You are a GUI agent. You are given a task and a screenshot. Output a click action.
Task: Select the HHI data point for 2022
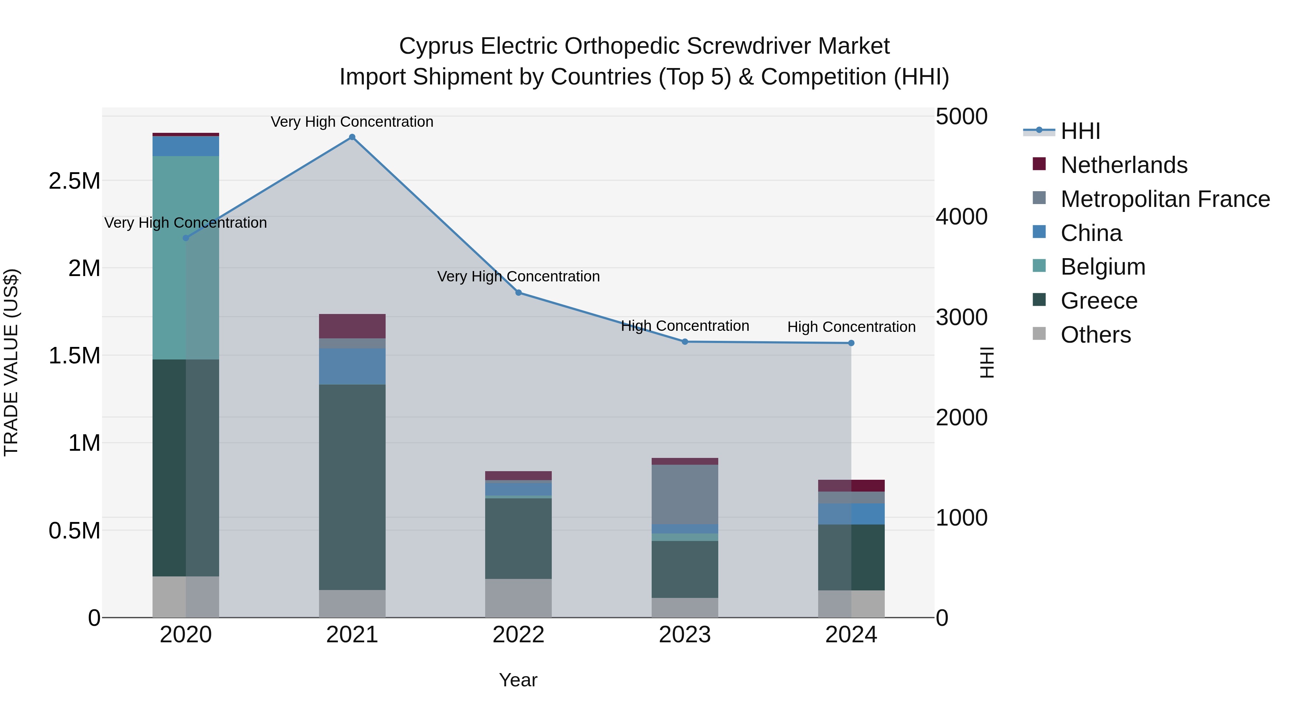pyautogui.click(x=518, y=293)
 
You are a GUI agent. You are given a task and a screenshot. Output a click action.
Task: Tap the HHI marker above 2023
pyautogui.click(x=685, y=342)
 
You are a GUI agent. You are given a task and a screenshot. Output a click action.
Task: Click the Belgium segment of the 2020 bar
pyautogui.click(x=185, y=258)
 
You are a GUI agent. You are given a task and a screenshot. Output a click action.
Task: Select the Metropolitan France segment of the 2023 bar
pyautogui.click(x=685, y=494)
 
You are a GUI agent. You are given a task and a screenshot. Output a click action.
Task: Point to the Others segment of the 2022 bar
pyautogui.click(x=518, y=598)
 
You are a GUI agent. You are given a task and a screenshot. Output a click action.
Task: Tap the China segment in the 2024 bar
pyautogui.click(x=851, y=514)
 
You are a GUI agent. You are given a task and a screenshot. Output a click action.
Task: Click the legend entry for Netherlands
pyautogui.click(x=1123, y=165)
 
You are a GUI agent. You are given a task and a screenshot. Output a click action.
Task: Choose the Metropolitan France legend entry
pyautogui.click(x=1165, y=199)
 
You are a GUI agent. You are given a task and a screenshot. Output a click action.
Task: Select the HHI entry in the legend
pyautogui.click(x=1080, y=131)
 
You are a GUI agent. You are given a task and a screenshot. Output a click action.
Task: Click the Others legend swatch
pyautogui.click(x=1039, y=334)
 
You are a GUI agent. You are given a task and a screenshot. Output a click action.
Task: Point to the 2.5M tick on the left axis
pyautogui.click(x=74, y=181)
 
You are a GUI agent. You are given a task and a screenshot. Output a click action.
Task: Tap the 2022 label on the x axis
pyautogui.click(x=518, y=635)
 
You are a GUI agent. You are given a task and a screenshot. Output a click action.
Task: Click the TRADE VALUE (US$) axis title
pyautogui.click(x=11, y=363)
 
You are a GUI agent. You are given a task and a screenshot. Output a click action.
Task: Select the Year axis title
pyautogui.click(x=518, y=680)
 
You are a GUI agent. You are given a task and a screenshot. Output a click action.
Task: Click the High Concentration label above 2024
pyautogui.click(x=851, y=327)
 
